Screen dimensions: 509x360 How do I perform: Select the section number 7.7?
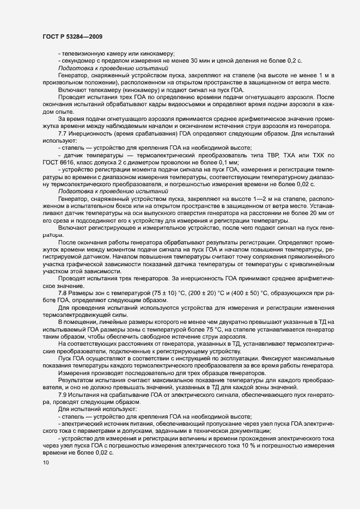pos(63,133)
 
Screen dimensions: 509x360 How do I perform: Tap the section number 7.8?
pos(63,293)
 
